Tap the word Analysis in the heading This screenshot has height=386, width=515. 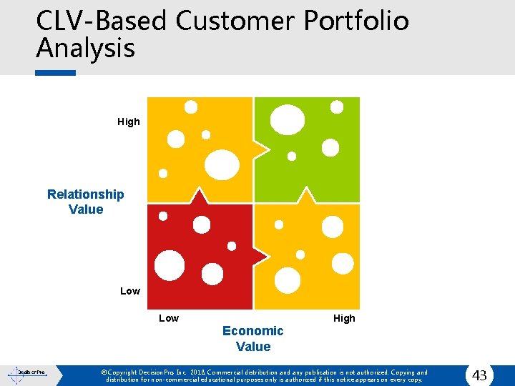(85, 49)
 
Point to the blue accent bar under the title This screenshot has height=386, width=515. (56, 72)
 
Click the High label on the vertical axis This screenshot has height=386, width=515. (129, 122)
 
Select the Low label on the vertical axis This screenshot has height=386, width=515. (130, 291)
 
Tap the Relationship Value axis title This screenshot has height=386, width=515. (86, 202)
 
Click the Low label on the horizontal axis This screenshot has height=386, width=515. (169, 318)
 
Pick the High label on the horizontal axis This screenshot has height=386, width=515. (344, 318)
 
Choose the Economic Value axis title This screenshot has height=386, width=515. (253, 338)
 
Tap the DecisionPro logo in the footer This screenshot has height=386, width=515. (26, 373)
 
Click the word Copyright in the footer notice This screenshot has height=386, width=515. (129, 372)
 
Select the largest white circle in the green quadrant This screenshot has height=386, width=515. (288, 120)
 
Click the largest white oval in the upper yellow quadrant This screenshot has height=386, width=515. (222, 164)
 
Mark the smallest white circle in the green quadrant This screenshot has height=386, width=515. (292, 156)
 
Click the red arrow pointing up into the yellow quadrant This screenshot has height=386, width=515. (200, 196)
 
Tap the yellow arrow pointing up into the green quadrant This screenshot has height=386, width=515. (307, 196)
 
